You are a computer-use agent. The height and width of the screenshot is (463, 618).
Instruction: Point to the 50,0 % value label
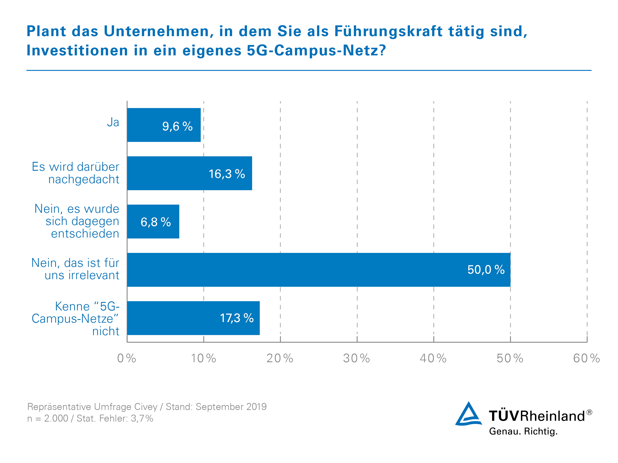pos(486,270)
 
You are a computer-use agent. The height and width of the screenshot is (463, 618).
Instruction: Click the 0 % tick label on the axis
pos(127,358)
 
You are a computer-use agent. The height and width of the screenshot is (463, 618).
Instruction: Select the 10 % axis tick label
pos(203,358)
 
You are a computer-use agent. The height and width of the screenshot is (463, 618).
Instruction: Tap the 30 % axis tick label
pos(356,358)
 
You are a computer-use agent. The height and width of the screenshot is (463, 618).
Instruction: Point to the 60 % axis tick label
pos(587,358)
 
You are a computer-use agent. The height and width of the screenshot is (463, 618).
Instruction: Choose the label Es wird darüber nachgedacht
pos(75,173)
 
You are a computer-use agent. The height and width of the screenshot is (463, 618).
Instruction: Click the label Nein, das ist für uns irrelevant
pos(75,269)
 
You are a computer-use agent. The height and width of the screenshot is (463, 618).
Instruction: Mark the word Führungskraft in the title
pos(388,31)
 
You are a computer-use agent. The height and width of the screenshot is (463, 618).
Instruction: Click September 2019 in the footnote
pos(231,407)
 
